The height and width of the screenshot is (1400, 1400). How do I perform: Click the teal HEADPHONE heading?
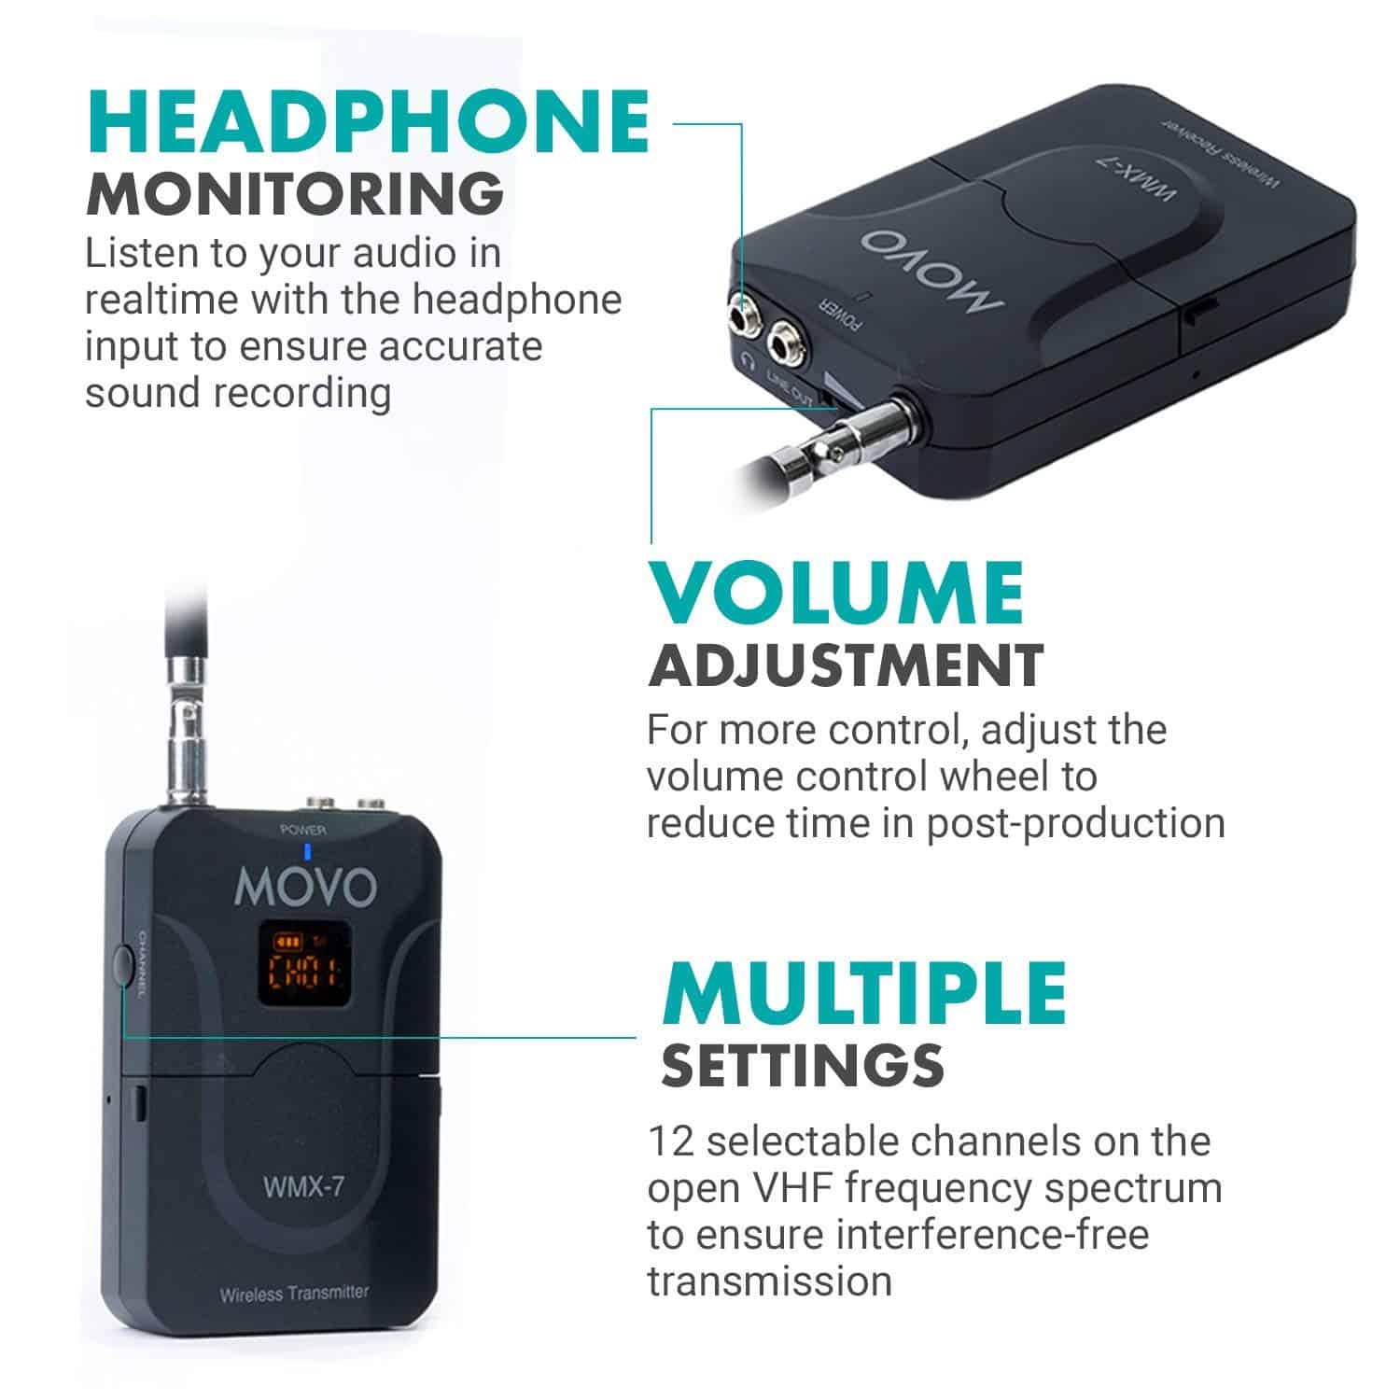click(368, 120)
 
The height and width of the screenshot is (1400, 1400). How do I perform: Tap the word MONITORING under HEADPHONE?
click(296, 193)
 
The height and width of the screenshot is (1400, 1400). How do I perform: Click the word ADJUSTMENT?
click(846, 665)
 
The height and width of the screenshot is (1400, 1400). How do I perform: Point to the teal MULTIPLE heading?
click(863, 992)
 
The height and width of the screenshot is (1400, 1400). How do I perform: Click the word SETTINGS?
click(803, 1065)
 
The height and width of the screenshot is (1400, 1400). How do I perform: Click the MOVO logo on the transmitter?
click(305, 889)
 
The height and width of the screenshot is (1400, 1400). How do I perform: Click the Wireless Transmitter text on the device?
click(294, 1294)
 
